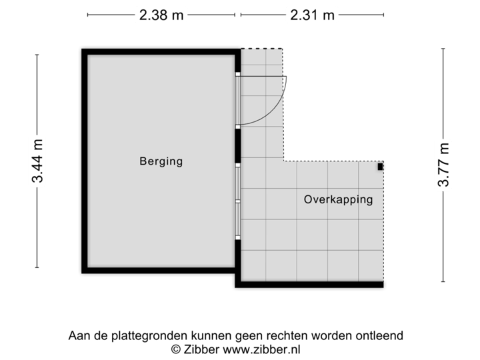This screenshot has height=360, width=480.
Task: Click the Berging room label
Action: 161,161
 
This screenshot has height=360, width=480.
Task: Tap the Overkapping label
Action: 338,199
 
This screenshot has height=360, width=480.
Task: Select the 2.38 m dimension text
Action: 161,15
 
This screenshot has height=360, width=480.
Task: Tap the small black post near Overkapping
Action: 381,167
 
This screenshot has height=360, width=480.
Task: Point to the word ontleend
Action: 381,335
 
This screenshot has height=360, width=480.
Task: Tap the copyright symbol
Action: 176,348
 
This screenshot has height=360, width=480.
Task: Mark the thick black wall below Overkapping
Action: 309,285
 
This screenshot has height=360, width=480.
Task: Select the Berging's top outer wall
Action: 160,51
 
